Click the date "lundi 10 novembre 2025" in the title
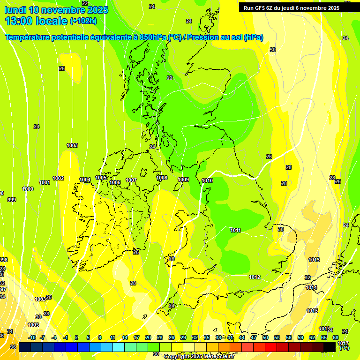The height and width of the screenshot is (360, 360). pyautogui.click(x=56, y=10)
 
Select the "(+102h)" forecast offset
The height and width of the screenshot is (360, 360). pyautogui.click(x=83, y=21)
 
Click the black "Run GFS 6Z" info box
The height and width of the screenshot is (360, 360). pyautogui.click(x=298, y=7)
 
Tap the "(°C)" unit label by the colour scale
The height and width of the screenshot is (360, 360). pyautogui.click(x=344, y=348)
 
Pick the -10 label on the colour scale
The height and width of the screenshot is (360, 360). pyautogui.click(x=32, y=337)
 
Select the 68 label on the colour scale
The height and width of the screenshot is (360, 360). pyautogui.click(x=336, y=337)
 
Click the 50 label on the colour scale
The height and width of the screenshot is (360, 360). pyautogui.click(x=265, y=337)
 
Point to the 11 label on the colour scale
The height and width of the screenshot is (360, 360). pyautogui.click(x=112, y=337)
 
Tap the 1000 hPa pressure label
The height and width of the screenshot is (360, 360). pyautogui.click(x=28, y=189)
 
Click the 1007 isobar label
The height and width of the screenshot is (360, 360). pyautogui.click(x=131, y=180)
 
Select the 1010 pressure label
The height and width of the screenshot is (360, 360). pyautogui.click(x=207, y=180)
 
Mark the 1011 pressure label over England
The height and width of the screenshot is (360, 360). pyautogui.click(x=235, y=230)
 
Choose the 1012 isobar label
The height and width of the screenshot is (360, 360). pyautogui.click(x=255, y=277)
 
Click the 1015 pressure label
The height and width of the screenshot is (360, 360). pyautogui.click(x=312, y=311)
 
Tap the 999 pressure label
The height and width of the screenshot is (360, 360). pyautogui.click(x=12, y=200)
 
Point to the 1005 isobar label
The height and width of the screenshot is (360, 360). pyautogui.click(x=101, y=178)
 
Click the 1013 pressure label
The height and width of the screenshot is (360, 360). pyautogui.click(x=314, y=260)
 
